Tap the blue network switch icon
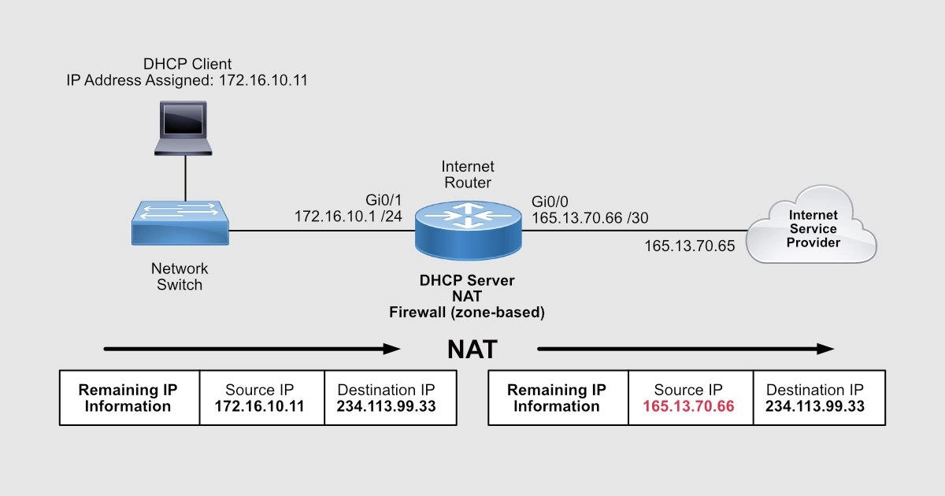coord(181,224)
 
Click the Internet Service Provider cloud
coord(812,228)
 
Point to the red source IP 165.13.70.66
coord(688,407)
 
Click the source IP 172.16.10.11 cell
coord(260,407)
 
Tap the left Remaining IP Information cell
coord(128,398)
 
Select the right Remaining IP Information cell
coord(557,398)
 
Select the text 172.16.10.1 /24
coord(348,216)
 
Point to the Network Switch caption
coord(180,276)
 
